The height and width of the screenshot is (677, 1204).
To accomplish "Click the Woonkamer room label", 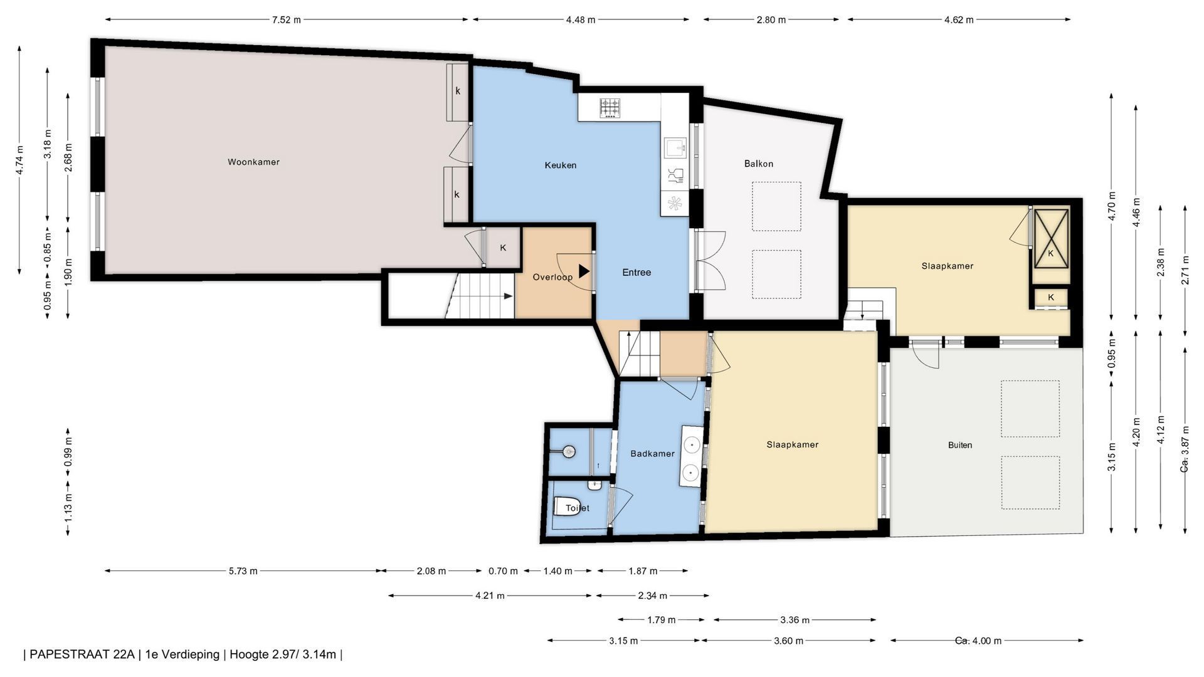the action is (253, 162).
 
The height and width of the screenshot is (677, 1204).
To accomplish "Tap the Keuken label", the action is (560, 165).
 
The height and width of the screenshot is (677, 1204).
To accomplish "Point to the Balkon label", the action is (759, 164).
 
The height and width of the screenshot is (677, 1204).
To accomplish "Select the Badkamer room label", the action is (652, 454).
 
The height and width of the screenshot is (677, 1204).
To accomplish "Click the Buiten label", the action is (960, 445).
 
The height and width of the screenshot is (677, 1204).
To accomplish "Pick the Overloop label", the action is (552, 277).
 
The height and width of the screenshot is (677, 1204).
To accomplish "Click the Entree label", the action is (636, 273).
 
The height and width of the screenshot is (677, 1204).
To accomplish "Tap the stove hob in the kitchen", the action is (610, 108).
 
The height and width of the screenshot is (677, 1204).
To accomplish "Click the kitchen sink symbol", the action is (675, 149).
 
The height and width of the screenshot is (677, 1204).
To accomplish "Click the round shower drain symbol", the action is (569, 451).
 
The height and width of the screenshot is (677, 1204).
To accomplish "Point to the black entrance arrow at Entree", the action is (584, 271).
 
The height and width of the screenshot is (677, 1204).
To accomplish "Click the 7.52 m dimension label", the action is (286, 19).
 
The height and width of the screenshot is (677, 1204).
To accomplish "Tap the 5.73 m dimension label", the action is (243, 571).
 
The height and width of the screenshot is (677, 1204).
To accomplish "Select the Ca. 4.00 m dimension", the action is (978, 641).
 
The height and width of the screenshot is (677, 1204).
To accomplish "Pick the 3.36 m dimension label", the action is (795, 620).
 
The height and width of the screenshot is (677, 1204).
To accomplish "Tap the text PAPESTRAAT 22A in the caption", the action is (82, 654).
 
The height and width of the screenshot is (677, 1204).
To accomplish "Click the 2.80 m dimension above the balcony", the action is (771, 19).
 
